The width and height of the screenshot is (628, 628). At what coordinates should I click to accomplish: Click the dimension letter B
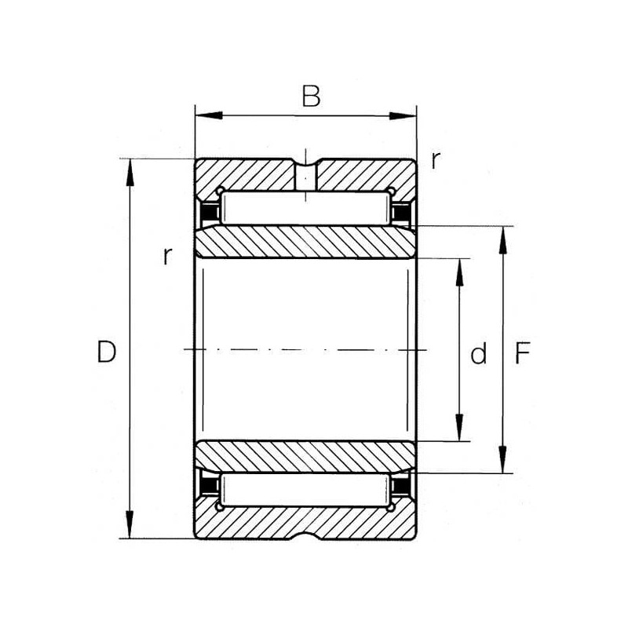[311, 96]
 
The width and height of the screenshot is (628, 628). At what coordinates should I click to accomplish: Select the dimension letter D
[106, 351]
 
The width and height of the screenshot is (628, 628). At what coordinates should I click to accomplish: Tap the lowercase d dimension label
[479, 352]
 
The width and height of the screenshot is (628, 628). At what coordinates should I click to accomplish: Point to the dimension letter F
[522, 352]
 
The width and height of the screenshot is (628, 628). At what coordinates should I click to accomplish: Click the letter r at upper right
[436, 160]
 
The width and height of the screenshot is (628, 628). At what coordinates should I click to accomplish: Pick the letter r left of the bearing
[167, 256]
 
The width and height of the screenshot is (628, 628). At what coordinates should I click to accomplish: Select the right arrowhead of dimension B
[403, 116]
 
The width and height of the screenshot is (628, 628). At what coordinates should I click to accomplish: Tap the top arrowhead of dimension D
[130, 173]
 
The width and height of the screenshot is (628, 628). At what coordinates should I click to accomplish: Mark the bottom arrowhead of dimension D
[130, 524]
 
